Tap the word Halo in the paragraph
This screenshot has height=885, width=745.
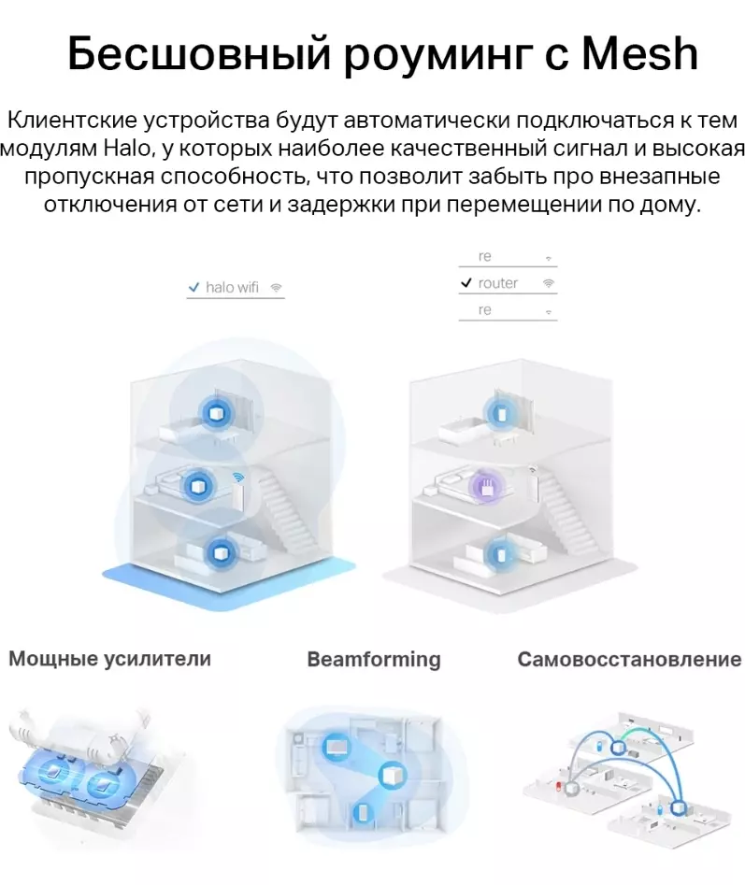[127, 149]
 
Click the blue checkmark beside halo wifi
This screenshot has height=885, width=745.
[193, 287]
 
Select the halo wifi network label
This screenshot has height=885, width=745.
[232, 287]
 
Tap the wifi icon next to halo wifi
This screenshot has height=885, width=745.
[276, 287]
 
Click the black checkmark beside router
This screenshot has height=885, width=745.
[466, 282]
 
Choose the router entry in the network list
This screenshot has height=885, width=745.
[498, 283]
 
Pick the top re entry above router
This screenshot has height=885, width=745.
[485, 256]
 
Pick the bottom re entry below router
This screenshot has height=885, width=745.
[485, 310]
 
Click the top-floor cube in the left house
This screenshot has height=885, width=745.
[216, 414]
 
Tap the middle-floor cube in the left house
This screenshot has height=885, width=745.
[199, 485]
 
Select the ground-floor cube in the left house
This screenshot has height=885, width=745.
[218, 552]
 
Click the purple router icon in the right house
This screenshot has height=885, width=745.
[486, 486]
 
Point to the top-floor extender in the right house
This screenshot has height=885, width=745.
[500, 414]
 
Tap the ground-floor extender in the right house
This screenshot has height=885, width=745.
[499, 554]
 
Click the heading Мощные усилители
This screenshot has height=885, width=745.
[110, 659]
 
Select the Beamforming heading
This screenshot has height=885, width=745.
[374, 659]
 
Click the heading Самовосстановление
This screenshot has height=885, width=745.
[629, 659]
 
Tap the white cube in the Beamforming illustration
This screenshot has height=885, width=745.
[391, 775]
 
